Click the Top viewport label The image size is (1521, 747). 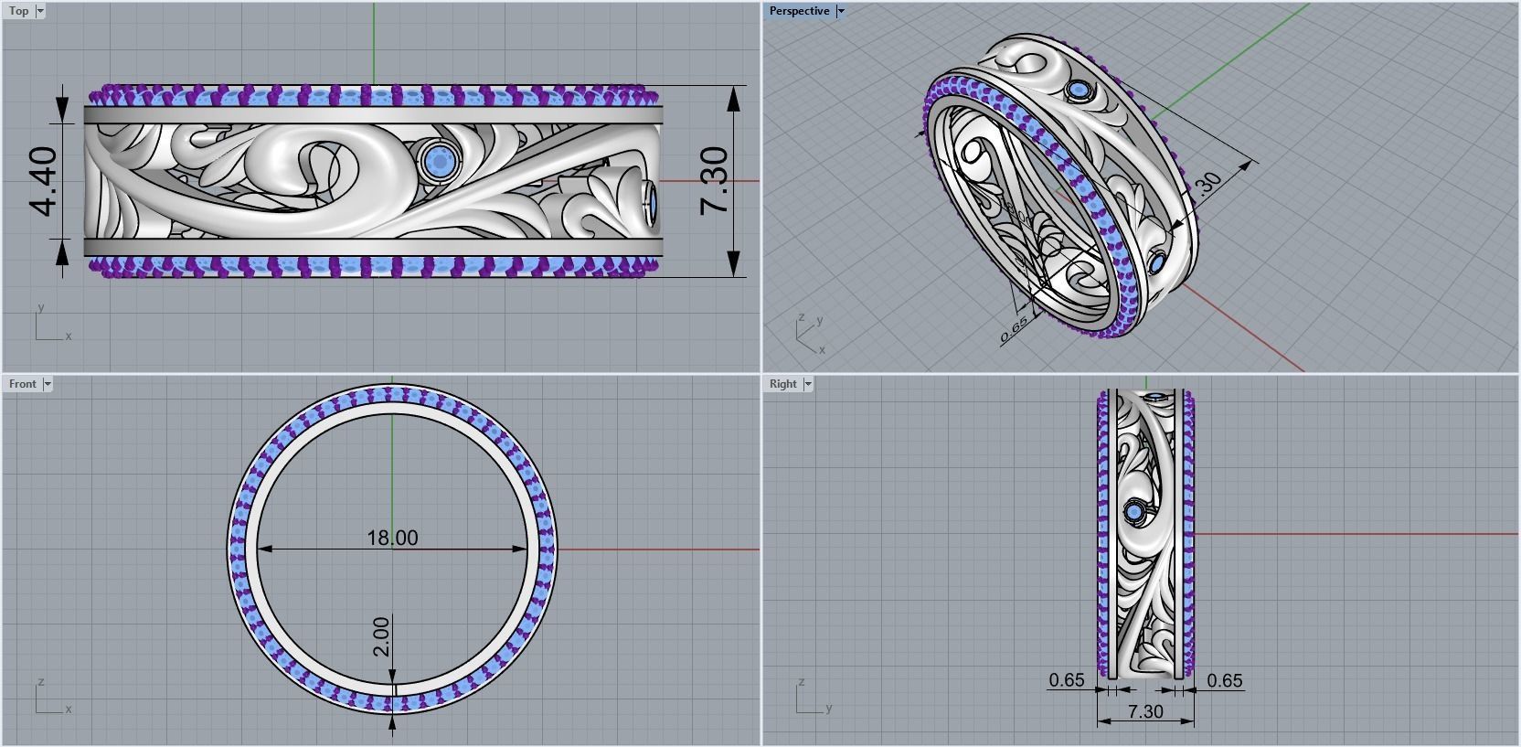point(18,11)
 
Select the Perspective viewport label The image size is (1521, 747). point(799,11)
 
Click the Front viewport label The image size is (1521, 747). point(23,384)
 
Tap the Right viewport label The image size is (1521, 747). point(782,384)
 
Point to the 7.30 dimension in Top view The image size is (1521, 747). point(715,181)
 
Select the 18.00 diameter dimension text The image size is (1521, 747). point(392,538)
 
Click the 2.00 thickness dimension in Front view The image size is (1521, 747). point(381,636)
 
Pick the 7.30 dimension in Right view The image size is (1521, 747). point(1145,711)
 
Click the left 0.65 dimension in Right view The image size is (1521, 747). point(1067,680)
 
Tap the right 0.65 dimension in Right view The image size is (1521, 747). point(1225,680)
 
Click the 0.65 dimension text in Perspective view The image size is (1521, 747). point(1014,328)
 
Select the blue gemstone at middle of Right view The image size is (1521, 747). point(1136,512)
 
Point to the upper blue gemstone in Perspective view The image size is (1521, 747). point(1080,91)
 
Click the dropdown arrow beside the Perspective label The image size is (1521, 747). point(841,11)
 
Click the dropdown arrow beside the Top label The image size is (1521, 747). point(40,11)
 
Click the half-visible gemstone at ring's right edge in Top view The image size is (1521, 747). point(652,203)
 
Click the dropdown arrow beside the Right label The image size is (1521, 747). point(808,384)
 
